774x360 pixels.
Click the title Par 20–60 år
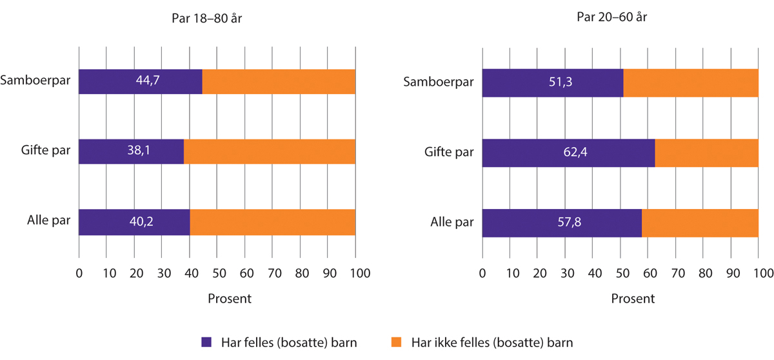click(x=612, y=17)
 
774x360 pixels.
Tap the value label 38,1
click(x=132, y=152)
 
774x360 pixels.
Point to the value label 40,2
click(x=135, y=223)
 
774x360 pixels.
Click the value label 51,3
click(x=553, y=84)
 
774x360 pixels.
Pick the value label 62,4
click(x=569, y=154)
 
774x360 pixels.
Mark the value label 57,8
click(x=562, y=224)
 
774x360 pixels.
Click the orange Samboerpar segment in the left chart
click(x=279, y=81)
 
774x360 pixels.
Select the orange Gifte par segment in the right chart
click(x=706, y=154)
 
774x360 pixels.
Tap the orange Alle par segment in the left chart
click(x=272, y=223)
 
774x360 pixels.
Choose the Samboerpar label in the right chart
click(x=438, y=83)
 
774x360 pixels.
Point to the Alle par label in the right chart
click(x=452, y=224)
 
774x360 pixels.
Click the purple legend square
click(x=206, y=342)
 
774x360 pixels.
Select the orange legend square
click(x=396, y=342)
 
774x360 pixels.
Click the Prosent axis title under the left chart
click(x=230, y=299)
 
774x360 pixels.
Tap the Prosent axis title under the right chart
click(x=633, y=299)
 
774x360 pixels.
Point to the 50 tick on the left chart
click(x=217, y=273)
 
